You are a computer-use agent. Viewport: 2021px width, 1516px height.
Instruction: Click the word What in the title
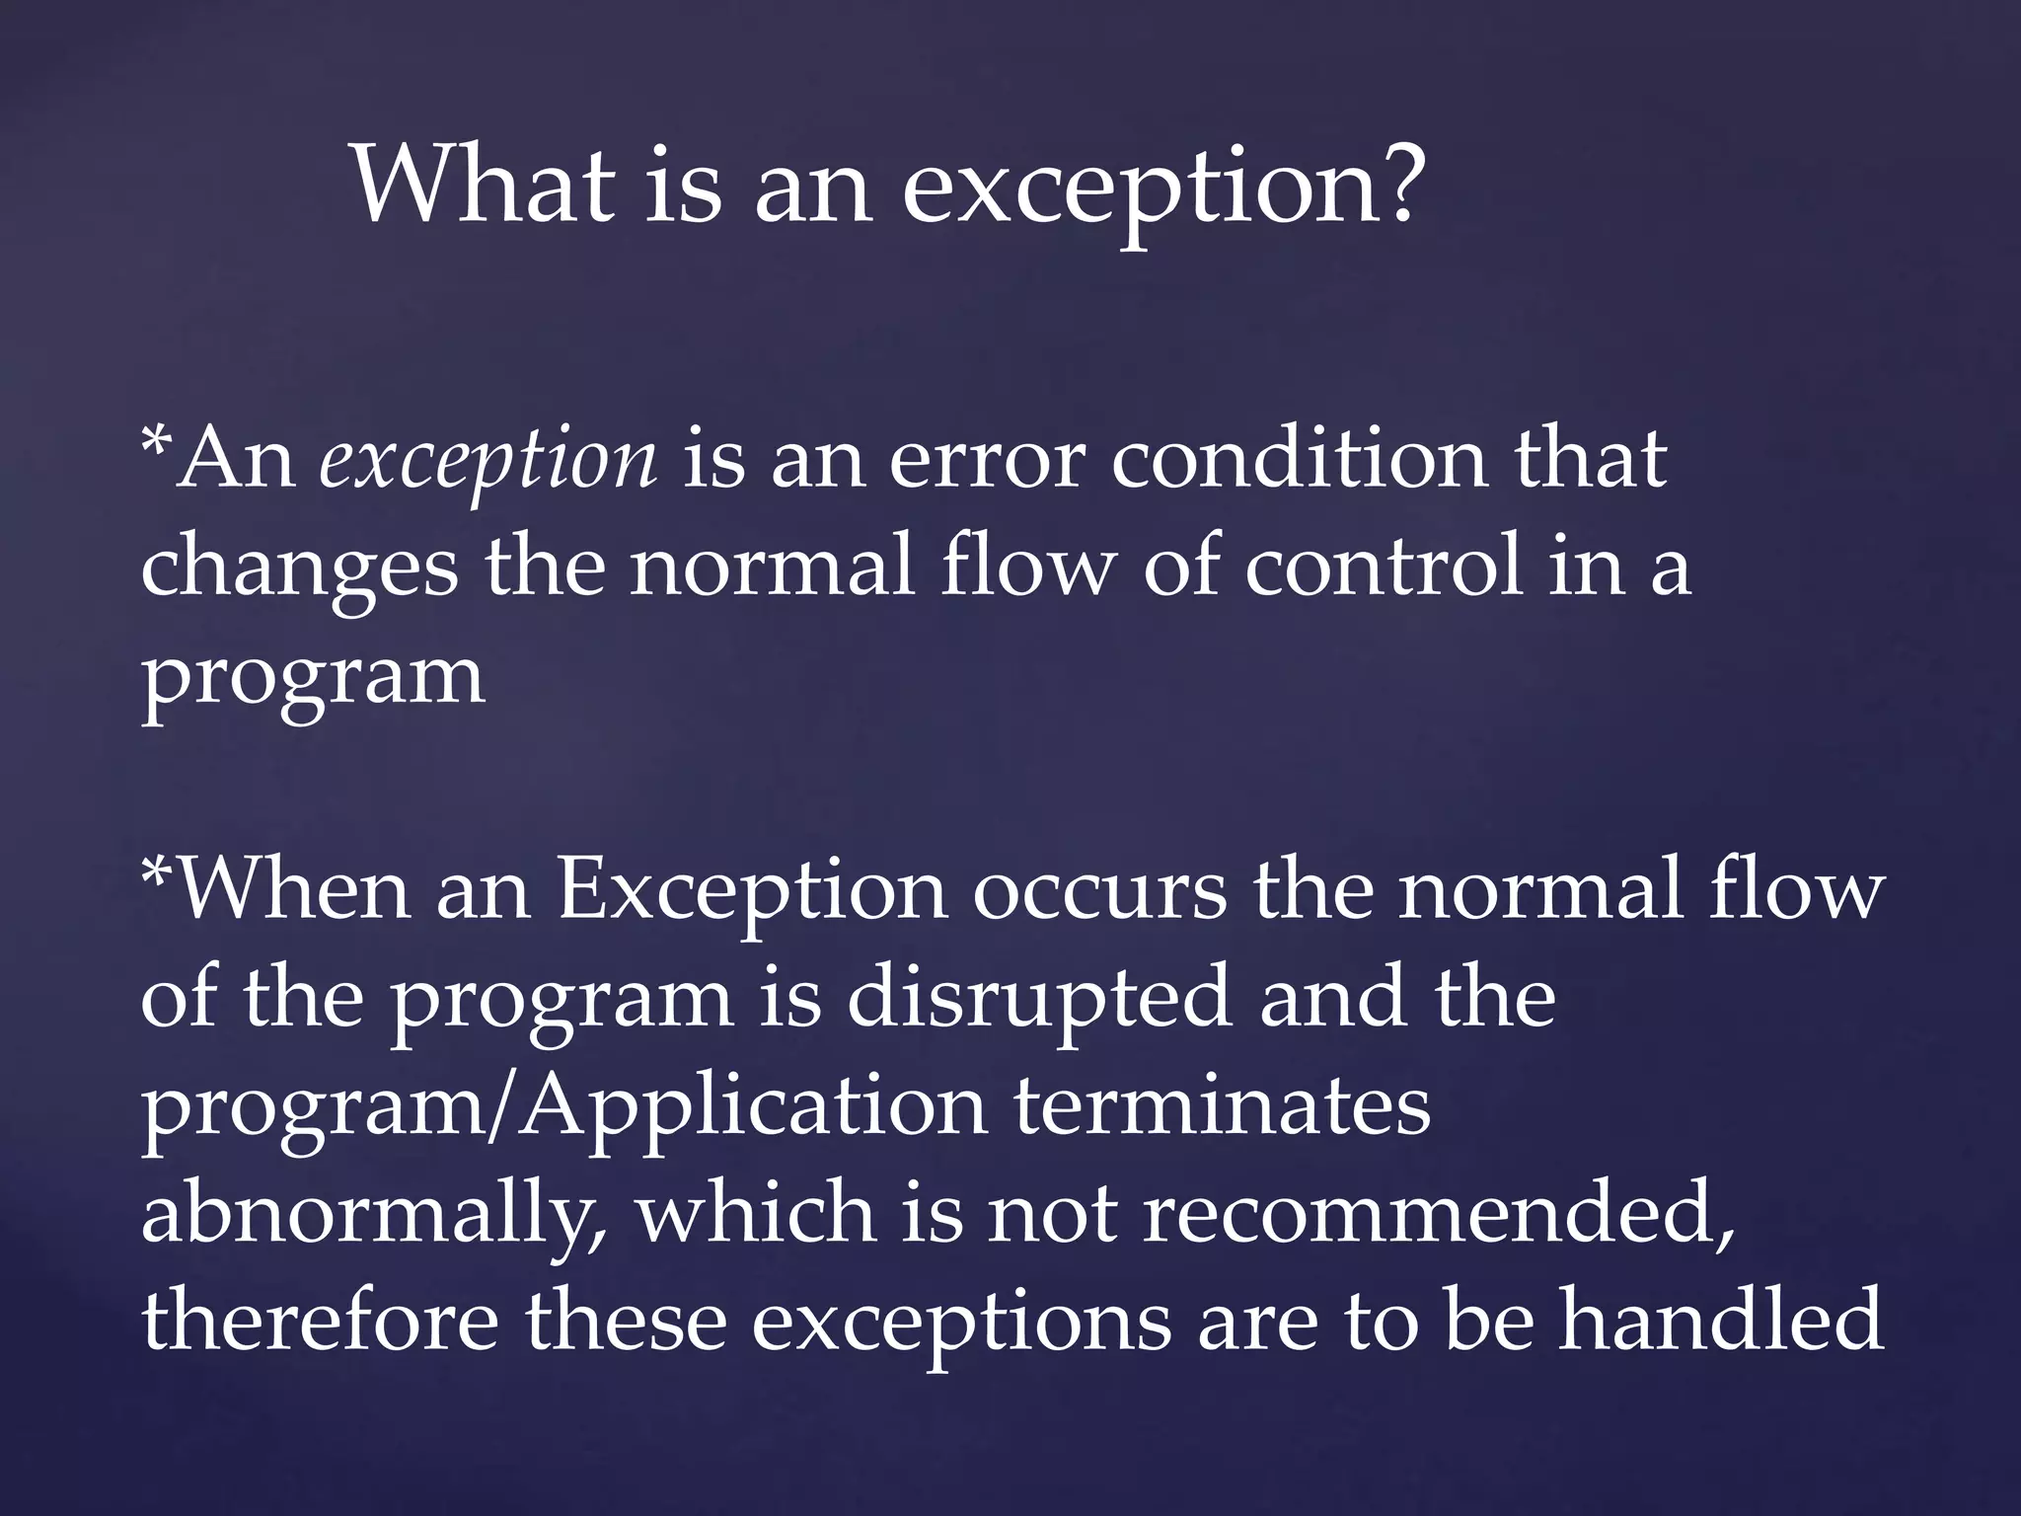click(x=483, y=186)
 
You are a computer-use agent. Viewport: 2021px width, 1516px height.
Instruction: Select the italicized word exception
click(x=487, y=462)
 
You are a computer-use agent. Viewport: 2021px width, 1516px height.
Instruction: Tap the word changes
click(x=300, y=570)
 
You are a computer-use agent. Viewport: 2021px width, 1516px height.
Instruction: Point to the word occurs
click(x=1099, y=892)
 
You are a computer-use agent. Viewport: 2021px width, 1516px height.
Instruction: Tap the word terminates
click(x=1223, y=1107)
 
